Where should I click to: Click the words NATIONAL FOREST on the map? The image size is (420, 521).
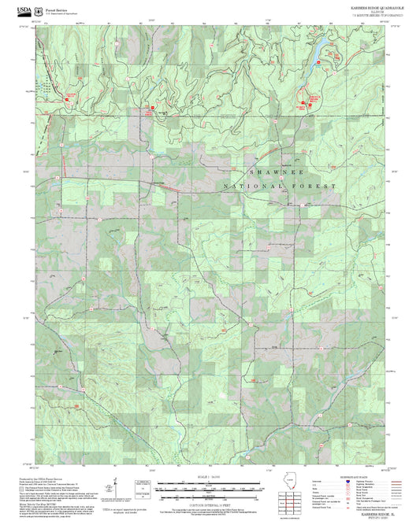(292, 186)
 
